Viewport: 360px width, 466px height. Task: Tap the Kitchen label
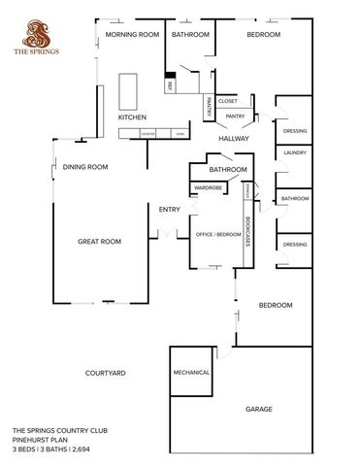pos(132,117)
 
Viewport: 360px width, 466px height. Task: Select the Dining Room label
pos(84,167)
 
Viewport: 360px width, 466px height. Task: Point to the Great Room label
pos(100,242)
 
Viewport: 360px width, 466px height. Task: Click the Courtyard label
pos(105,373)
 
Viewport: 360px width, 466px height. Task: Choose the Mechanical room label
pos(191,372)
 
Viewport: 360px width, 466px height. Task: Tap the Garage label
pos(258,409)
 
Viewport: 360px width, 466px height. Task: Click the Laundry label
pos(295,152)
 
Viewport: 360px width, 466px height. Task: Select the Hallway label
pos(234,139)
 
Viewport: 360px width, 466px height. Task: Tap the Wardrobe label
pos(209,187)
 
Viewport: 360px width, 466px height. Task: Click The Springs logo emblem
pos(34,34)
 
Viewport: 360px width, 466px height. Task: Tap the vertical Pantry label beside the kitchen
pos(208,106)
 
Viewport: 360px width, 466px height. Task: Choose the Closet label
pos(228,101)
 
